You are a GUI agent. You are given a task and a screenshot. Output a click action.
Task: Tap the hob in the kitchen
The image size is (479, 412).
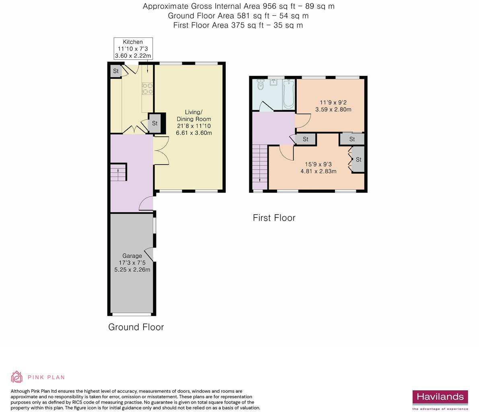coord(147,88)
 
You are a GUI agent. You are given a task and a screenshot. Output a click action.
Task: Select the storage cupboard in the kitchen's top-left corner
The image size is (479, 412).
coord(115,71)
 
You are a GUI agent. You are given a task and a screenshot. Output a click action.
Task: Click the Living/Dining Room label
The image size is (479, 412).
coord(194,122)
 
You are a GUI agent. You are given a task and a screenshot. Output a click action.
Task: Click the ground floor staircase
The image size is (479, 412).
coord(118,172)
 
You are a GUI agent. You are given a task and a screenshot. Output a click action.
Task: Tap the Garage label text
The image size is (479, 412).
coord(132,256)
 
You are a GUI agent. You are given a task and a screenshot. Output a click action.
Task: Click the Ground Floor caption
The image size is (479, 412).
coord(136,327)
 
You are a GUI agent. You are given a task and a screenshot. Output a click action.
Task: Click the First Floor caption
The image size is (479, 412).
coord(274,218)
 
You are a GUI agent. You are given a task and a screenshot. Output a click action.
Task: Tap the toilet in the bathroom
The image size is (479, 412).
coord(260,85)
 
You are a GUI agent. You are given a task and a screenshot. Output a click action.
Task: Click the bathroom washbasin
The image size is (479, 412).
coord(274,83)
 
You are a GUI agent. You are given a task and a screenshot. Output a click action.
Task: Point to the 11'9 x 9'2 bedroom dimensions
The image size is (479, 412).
coord(333,106)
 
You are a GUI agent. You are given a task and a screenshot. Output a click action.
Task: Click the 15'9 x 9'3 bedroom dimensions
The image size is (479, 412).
coord(318,168)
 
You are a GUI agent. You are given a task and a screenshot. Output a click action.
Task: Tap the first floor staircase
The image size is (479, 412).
coord(260,167)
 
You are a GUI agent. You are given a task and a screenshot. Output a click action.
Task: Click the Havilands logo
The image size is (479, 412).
coord(440,398)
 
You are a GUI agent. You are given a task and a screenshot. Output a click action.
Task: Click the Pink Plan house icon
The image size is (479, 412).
coord(16,377)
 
